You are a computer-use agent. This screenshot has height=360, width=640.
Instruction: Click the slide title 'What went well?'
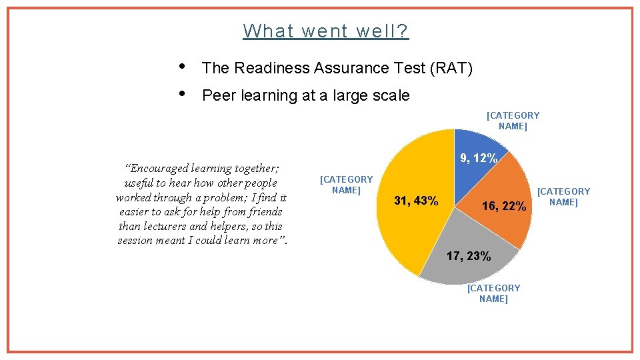click(x=326, y=31)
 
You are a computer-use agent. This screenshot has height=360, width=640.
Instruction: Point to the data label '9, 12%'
click(x=479, y=159)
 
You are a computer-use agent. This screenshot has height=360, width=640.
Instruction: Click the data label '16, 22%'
click(x=504, y=207)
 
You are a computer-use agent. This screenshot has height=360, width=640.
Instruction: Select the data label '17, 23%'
click(x=469, y=256)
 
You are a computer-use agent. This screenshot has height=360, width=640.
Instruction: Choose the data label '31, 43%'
click(x=416, y=201)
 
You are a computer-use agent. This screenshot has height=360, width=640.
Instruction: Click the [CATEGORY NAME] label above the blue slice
click(x=513, y=121)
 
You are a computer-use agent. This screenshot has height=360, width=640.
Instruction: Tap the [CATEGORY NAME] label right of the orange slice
click(x=563, y=197)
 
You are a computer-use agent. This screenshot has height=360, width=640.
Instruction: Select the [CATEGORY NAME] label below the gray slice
click(x=493, y=293)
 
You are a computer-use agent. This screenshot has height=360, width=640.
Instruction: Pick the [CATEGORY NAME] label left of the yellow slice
click(x=346, y=185)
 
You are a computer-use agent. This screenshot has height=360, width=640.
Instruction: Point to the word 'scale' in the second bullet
click(x=391, y=95)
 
